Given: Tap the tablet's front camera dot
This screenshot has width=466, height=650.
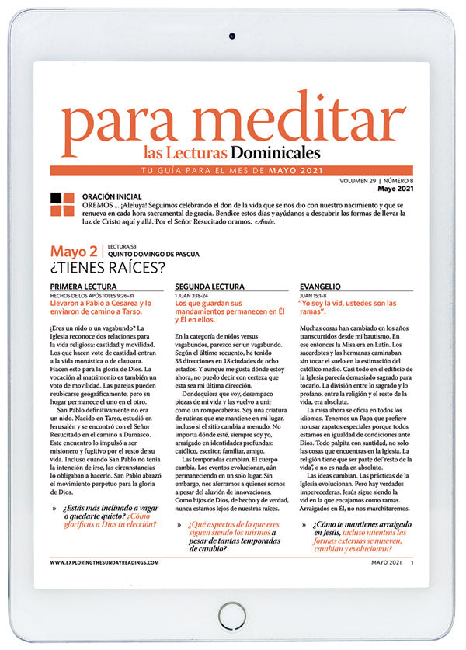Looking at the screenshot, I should click(232, 36).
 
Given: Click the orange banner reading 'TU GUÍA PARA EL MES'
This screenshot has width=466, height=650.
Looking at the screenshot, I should click(233, 170).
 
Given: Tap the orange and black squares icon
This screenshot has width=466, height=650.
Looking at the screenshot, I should click(62, 204).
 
